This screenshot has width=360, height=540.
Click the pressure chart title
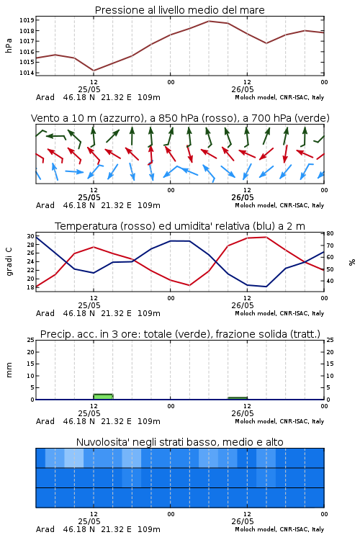(179, 10)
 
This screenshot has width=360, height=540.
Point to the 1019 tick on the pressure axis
(27, 20)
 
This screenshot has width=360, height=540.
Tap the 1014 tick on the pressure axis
(27, 73)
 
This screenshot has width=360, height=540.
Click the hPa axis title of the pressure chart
(9, 45)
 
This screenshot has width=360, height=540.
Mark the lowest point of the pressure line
(94, 71)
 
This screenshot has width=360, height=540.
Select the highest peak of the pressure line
(209, 21)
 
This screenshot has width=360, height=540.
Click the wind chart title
(180, 118)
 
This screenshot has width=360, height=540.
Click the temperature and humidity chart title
(180, 226)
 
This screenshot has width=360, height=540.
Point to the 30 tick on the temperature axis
(30, 236)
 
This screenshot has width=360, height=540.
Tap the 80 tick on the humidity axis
(330, 233)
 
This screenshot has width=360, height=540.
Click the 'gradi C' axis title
(9, 262)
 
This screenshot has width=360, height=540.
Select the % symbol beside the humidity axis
(352, 262)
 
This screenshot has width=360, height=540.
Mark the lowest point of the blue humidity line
(266, 287)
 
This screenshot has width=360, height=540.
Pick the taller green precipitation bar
(103, 397)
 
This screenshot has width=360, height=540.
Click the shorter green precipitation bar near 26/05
(238, 398)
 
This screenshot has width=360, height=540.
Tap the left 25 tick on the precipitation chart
(30, 340)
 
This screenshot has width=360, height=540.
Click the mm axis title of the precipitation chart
(9, 369)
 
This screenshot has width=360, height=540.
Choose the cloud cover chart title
(180, 442)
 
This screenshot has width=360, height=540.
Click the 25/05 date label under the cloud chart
(89, 521)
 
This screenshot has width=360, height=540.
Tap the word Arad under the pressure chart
(45, 97)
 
